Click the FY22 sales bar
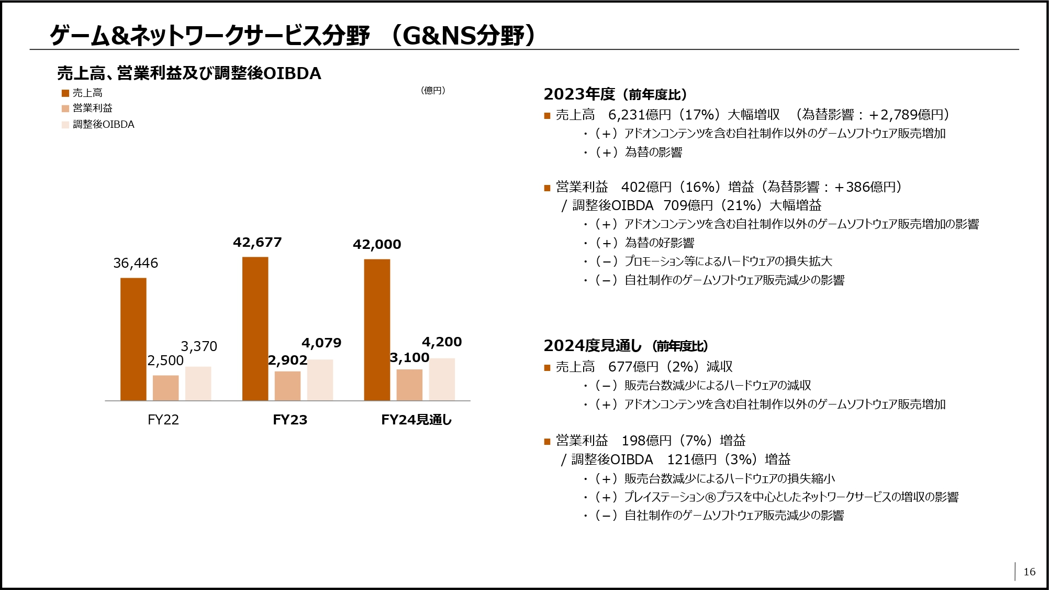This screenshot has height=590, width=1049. point(133,339)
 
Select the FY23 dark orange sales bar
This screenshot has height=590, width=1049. point(255,329)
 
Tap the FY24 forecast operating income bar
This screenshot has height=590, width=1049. point(409,385)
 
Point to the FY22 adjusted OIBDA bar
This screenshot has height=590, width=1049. point(198,384)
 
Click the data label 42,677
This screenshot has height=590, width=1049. point(257,242)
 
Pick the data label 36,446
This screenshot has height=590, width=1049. point(136,263)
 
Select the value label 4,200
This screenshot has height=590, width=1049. point(442,342)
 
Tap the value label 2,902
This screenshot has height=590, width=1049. point(287,360)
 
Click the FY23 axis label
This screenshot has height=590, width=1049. point(290,420)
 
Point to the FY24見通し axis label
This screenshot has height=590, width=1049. point(416,420)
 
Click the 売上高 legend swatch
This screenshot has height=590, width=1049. point(65,93)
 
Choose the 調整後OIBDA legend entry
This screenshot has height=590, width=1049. point(103,125)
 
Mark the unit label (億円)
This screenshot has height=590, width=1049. point(433,91)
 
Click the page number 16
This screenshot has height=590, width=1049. point(1029,572)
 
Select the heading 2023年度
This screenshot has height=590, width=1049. point(579,94)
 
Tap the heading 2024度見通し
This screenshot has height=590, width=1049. point(592,346)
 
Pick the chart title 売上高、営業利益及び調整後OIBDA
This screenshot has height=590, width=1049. point(189,73)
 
